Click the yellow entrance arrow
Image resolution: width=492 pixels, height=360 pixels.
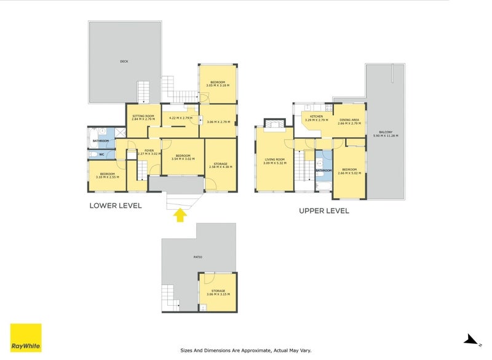click(x=180, y=215)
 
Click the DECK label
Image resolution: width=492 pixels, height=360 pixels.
click(x=124, y=62)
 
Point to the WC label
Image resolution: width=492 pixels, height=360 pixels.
click(x=101, y=154)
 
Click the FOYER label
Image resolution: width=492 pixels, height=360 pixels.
click(x=149, y=150)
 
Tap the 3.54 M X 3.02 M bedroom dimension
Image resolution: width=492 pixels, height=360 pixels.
click(x=183, y=159)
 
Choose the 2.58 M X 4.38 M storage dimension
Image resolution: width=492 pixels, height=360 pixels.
click(x=220, y=167)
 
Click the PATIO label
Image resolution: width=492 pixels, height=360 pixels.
click(x=198, y=257)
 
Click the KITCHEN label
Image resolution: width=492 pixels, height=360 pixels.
click(x=316, y=116)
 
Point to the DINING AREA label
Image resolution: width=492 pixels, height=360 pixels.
click(x=349, y=119)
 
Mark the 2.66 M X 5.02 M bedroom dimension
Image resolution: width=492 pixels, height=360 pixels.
click(x=349, y=173)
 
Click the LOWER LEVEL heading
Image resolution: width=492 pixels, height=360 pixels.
click(x=116, y=206)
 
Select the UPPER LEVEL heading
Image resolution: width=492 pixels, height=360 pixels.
click(x=323, y=210)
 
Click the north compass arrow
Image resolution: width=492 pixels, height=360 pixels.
click(x=470, y=338)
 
